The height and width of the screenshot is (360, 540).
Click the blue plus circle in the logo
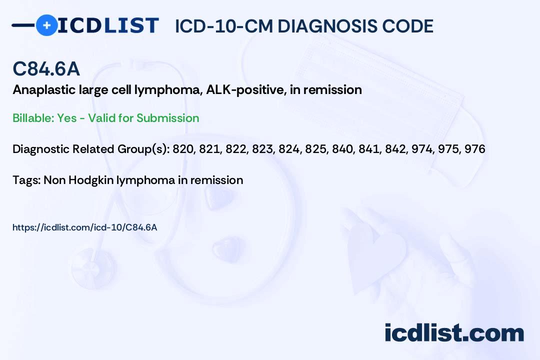[46, 25]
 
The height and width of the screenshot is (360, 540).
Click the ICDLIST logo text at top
[108, 25]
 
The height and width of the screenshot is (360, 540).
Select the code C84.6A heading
[46, 69]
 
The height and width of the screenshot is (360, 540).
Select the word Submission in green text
[167, 118]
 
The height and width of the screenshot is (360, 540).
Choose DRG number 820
[182, 149]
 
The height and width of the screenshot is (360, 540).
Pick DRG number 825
[314, 149]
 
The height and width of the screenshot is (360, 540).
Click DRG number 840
[341, 149]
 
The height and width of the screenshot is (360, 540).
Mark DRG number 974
[421, 149]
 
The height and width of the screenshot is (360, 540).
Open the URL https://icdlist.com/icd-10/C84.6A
[84, 227]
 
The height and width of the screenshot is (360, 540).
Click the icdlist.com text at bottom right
[454, 333]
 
